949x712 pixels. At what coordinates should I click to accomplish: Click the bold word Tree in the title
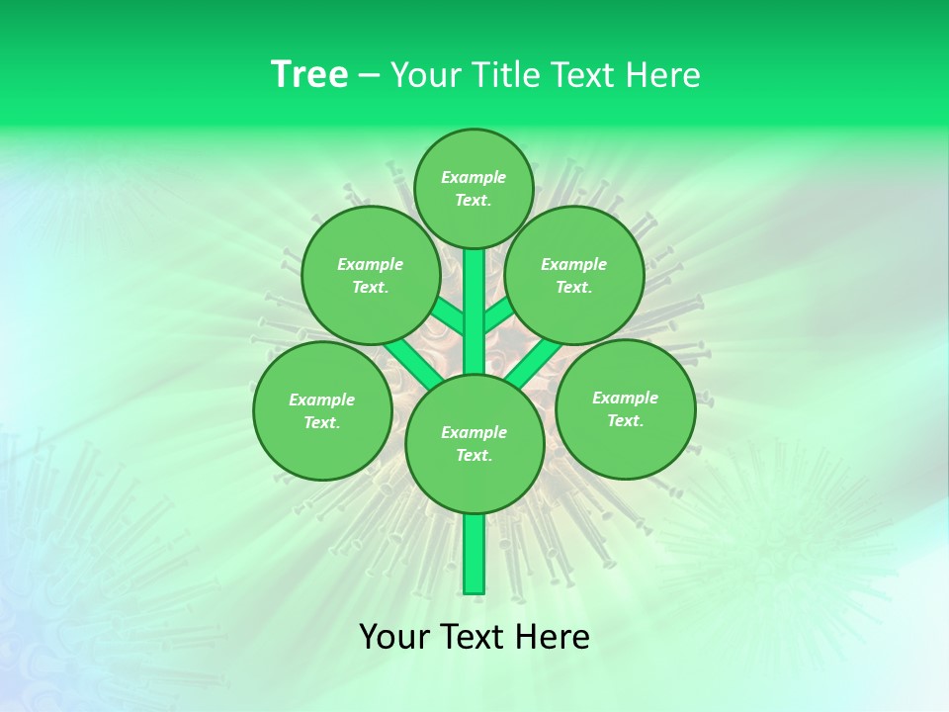[x=309, y=75]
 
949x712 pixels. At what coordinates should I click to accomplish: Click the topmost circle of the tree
[x=474, y=188]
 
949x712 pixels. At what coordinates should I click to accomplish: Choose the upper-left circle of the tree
[x=370, y=275]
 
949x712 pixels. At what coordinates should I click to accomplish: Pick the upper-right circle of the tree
[x=574, y=275]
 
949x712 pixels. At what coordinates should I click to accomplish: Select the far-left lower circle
[x=322, y=410]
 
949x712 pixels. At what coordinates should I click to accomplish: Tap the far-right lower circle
[x=625, y=408]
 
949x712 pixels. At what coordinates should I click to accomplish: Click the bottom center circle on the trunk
[x=474, y=443]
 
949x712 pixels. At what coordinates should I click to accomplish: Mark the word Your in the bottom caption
[x=395, y=637]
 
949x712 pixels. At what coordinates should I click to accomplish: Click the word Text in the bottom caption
[x=476, y=637]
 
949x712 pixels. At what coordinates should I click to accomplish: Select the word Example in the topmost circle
[x=474, y=177]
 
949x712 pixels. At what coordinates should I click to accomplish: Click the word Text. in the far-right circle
[x=625, y=420]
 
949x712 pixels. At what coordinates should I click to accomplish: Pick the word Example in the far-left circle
[x=321, y=400]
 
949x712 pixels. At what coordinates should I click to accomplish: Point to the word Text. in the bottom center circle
[x=474, y=455]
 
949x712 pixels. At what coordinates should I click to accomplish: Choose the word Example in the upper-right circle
[x=573, y=264]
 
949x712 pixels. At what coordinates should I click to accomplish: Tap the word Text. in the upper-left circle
[x=370, y=287]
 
